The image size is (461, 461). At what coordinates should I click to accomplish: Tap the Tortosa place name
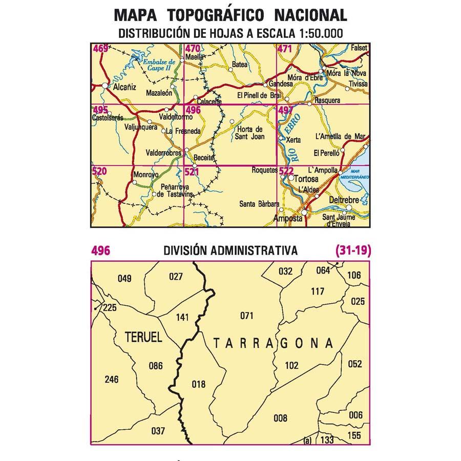pos(307,179)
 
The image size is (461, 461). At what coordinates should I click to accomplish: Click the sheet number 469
pos(100,49)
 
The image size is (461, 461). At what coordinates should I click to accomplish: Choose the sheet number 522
pos(286,171)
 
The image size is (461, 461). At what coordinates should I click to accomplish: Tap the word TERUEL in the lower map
pos(143,337)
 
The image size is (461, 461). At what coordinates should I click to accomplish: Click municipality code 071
pos(246,316)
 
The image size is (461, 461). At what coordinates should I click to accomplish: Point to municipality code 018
pos(198,384)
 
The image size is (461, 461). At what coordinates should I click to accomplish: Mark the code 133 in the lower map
pos(327,440)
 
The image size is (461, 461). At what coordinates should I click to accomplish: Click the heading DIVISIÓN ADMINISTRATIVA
pos(230,251)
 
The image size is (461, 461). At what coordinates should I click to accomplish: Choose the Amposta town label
pos(288,218)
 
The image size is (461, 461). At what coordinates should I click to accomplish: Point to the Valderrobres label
pos(164,153)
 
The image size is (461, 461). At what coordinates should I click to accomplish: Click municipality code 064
pos(324,270)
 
